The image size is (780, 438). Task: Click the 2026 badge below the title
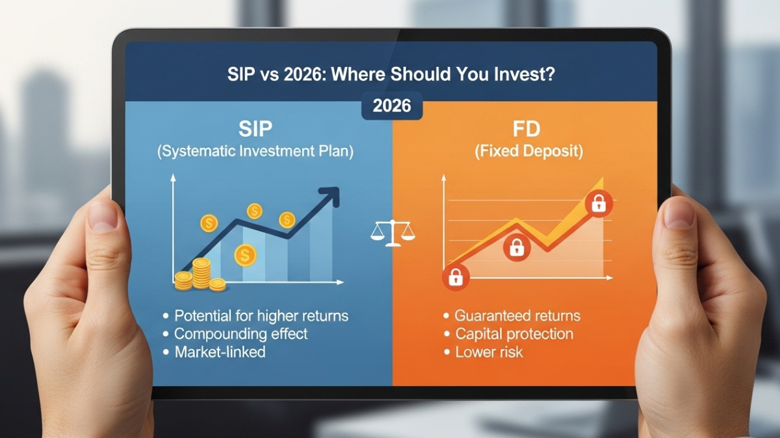pos(392,105)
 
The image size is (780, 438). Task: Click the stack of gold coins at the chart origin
pos(198,275)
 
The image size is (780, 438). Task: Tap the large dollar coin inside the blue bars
pos(245,255)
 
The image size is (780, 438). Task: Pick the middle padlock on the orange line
pos(516,247)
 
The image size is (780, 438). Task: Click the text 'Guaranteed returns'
pos(517,316)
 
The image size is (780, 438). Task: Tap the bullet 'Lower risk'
pos(489,352)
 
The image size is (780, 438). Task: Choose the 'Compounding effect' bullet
pos(240,334)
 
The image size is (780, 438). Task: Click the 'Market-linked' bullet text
pos(220,352)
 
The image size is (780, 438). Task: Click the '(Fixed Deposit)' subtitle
pos(528,152)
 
